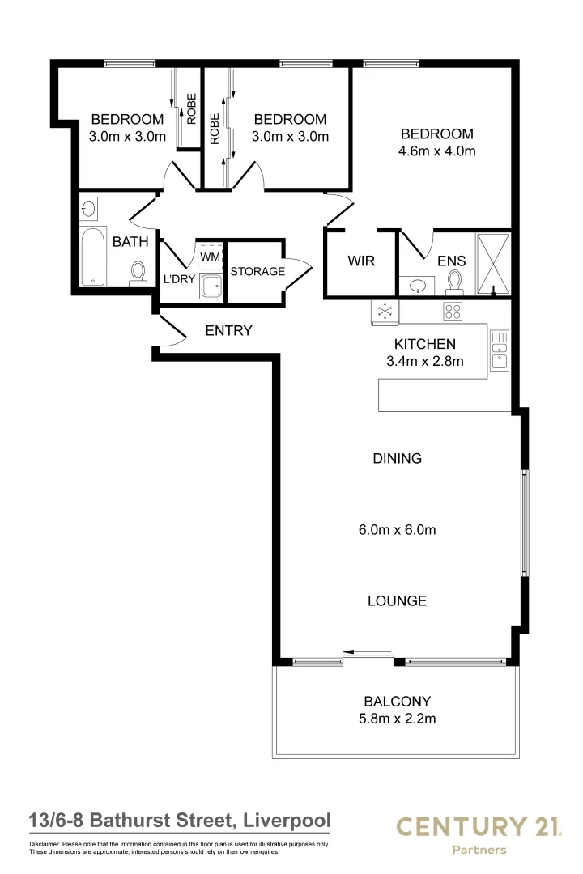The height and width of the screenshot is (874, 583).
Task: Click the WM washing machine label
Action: (210, 257)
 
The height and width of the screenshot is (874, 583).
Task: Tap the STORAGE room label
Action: (257, 271)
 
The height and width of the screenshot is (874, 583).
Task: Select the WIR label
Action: (360, 261)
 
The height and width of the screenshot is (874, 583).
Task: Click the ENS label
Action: (451, 261)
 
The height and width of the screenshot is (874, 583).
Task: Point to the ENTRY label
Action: (229, 330)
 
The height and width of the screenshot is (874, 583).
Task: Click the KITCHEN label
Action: (424, 343)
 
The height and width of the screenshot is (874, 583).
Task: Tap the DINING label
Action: (397, 458)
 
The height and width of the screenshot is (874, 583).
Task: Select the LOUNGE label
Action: (397, 601)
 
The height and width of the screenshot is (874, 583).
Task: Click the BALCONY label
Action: (397, 702)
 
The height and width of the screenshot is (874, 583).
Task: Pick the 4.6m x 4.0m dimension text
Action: (437, 151)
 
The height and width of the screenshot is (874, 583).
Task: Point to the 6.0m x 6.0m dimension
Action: (397, 531)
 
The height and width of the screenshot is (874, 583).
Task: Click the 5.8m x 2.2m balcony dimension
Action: (397, 719)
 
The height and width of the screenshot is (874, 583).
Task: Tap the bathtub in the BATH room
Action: (94, 257)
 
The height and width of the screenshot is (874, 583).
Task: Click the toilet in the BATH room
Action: (138, 274)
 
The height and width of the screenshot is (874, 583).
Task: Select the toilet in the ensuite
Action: (455, 281)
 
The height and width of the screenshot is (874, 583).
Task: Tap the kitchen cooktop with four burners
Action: (452, 311)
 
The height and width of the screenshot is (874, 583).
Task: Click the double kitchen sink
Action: (500, 350)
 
